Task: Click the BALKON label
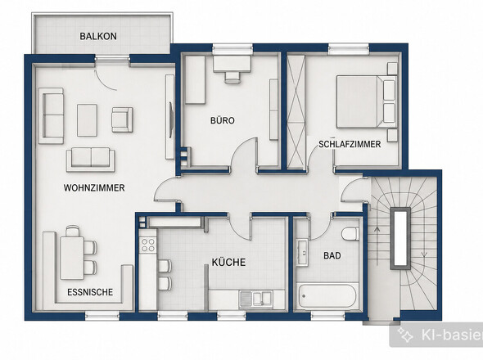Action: [x=98, y=36]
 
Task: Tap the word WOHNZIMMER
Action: [x=94, y=188]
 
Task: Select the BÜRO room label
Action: [x=223, y=120]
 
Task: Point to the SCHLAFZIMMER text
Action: [x=350, y=144]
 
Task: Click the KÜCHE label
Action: [x=228, y=262]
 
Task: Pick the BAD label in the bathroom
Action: [x=332, y=255]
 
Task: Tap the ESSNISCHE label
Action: [x=90, y=292]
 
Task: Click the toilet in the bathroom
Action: [x=350, y=233]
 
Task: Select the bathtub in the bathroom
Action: [x=327, y=296]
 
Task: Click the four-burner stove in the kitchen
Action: [x=147, y=245]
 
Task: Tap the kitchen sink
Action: [x=255, y=299]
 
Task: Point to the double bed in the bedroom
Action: [x=366, y=101]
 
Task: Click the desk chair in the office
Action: [x=232, y=77]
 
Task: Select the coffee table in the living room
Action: [x=87, y=120]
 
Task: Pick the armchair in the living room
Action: [x=122, y=119]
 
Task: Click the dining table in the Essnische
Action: [x=72, y=258]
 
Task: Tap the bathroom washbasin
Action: [x=303, y=253]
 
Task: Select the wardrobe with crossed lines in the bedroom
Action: [x=296, y=112]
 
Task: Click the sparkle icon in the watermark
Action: [x=405, y=335]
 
